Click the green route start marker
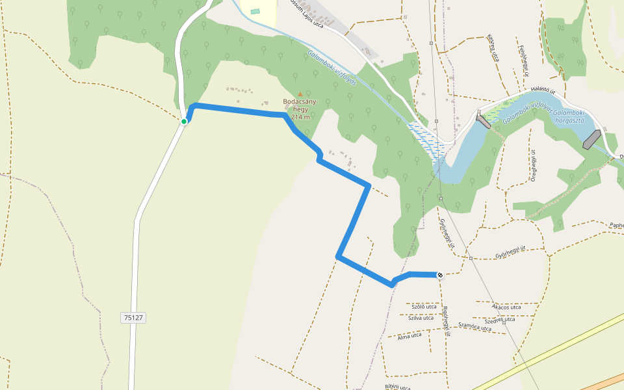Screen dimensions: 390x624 click(x=184, y=122)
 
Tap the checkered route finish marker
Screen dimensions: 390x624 click(x=440, y=275)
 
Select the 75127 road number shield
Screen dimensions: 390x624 click(x=133, y=318)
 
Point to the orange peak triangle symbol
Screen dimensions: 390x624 click(x=300, y=94)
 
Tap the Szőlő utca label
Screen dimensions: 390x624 click(x=424, y=305)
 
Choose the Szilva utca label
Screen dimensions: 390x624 click(x=421, y=318)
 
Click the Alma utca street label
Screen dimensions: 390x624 click(x=409, y=335)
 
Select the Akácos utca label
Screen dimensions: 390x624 click(x=506, y=307)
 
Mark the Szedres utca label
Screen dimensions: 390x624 click(x=500, y=320)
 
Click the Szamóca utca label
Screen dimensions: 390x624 click(x=474, y=327)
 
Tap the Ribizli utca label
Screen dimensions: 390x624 click(x=397, y=387)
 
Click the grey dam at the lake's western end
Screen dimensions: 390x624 click(x=483, y=120)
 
